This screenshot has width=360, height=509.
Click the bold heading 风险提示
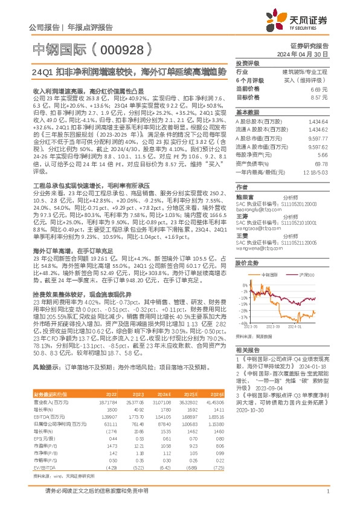click(45, 367)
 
